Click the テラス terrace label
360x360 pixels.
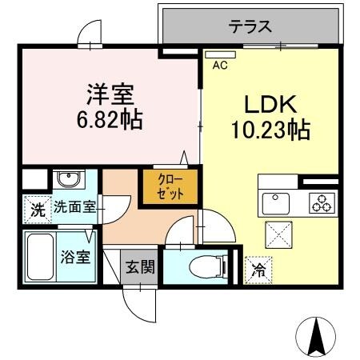[x=250, y=26]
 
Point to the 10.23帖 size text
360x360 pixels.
[x=270, y=127]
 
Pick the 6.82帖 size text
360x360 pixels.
[x=110, y=120]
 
